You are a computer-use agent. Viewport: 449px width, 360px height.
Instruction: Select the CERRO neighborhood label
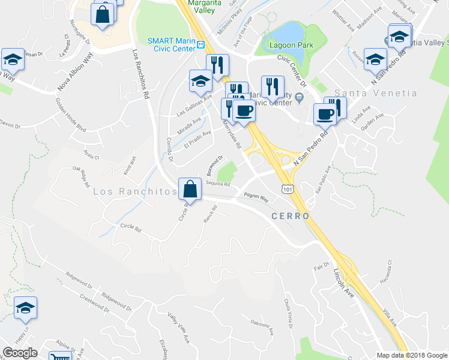pyautogui.click(x=290, y=216)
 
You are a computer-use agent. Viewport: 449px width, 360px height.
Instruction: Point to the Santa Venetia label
pyautogui.click(x=375, y=93)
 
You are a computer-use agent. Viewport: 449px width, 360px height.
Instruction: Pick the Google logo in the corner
pyautogui.click(x=20, y=353)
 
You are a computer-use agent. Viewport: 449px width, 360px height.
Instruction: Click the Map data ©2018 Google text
pyautogui.click(x=412, y=355)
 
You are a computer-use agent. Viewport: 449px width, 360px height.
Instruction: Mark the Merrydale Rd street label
pyautogui.click(x=232, y=136)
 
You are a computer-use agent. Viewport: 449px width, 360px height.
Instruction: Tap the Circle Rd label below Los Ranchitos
pyautogui.click(x=130, y=227)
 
